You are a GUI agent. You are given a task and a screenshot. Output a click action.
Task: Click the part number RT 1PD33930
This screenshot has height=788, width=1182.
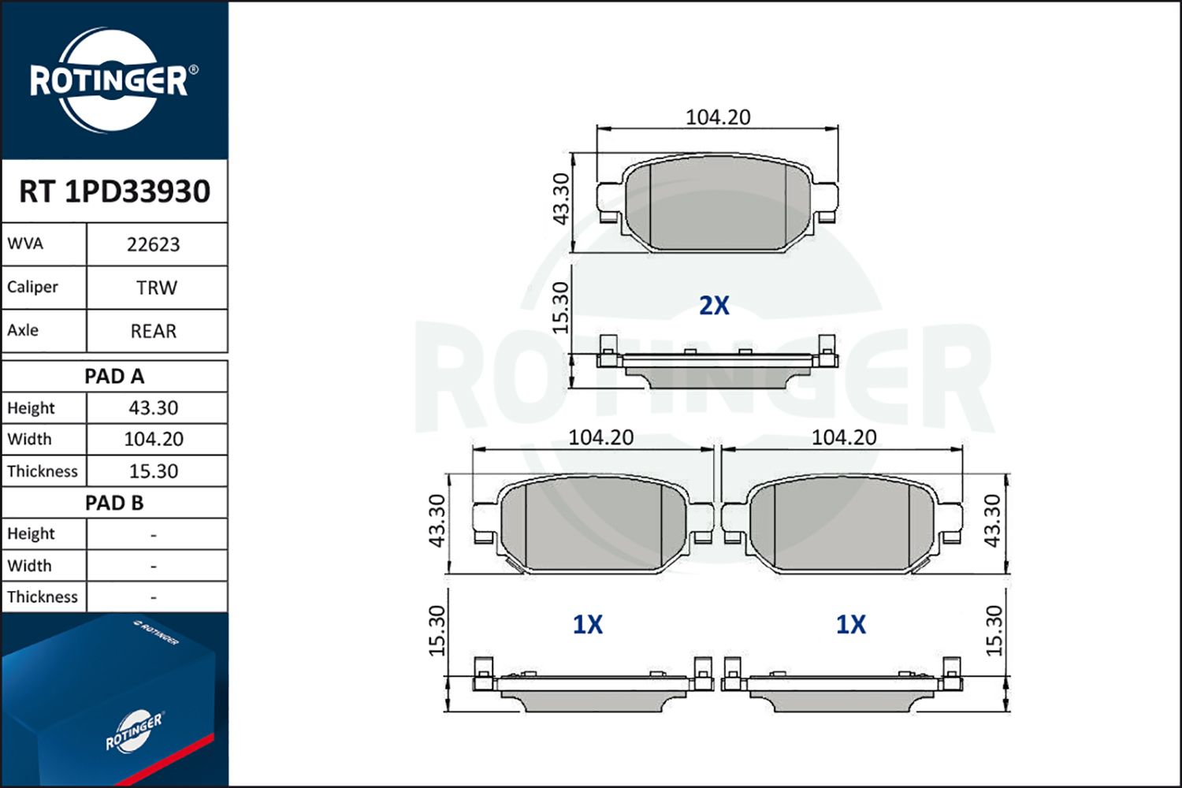pyautogui.click(x=114, y=191)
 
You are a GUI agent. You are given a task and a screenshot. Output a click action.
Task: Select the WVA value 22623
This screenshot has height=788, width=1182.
pyautogui.click(x=154, y=245)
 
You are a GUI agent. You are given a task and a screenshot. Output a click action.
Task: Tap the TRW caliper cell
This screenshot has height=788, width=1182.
pyautogui.click(x=156, y=288)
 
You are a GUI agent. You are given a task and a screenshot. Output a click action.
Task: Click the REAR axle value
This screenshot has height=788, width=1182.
pyautogui.click(x=154, y=331)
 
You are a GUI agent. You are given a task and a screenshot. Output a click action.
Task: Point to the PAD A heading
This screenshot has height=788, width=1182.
pyautogui.click(x=114, y=376)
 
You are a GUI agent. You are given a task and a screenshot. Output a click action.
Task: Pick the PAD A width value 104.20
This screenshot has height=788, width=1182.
pyautogui.click(x=154, y=439)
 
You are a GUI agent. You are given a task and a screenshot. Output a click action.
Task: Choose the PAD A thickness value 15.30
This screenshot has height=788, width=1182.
pyautogui.click(x=154, y=471)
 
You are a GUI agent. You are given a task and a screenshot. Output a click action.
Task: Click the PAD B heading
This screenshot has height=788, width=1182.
pyautogui.click(x=114, y=503)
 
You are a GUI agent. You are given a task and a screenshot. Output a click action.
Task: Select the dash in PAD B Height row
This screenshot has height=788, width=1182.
pyautogui.click(x=154, y=535)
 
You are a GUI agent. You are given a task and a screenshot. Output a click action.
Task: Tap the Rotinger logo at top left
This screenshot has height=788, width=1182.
pyautogui.click(x=110, y=80)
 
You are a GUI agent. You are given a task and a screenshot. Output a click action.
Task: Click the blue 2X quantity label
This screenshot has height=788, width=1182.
pyautogui.click(x=714, y=305)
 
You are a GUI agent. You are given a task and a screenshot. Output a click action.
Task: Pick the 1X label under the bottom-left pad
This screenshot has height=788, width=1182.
pyautogui.click(x=587, y=625)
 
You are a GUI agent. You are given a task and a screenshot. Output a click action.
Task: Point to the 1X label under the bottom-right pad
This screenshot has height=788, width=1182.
pyautogui.click(x=850, y=625)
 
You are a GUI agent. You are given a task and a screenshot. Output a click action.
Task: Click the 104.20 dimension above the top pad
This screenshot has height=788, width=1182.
pyautogui.click(x=717, y=117)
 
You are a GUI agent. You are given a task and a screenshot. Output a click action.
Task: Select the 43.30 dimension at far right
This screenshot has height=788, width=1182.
pyautogui.click(x=993, y=520)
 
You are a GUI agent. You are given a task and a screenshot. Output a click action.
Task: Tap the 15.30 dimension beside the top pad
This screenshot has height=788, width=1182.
pyautogui.click(x=559, y=307)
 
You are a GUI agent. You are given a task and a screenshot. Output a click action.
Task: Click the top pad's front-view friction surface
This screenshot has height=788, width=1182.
pyautogui.click(x=717, y=205)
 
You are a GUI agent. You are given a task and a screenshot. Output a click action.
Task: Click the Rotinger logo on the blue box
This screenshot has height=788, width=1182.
pyautogui.click(x=134, y=731)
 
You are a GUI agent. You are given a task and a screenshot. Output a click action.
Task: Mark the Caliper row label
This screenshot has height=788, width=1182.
pyautogui.click(x=33, y=287)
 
